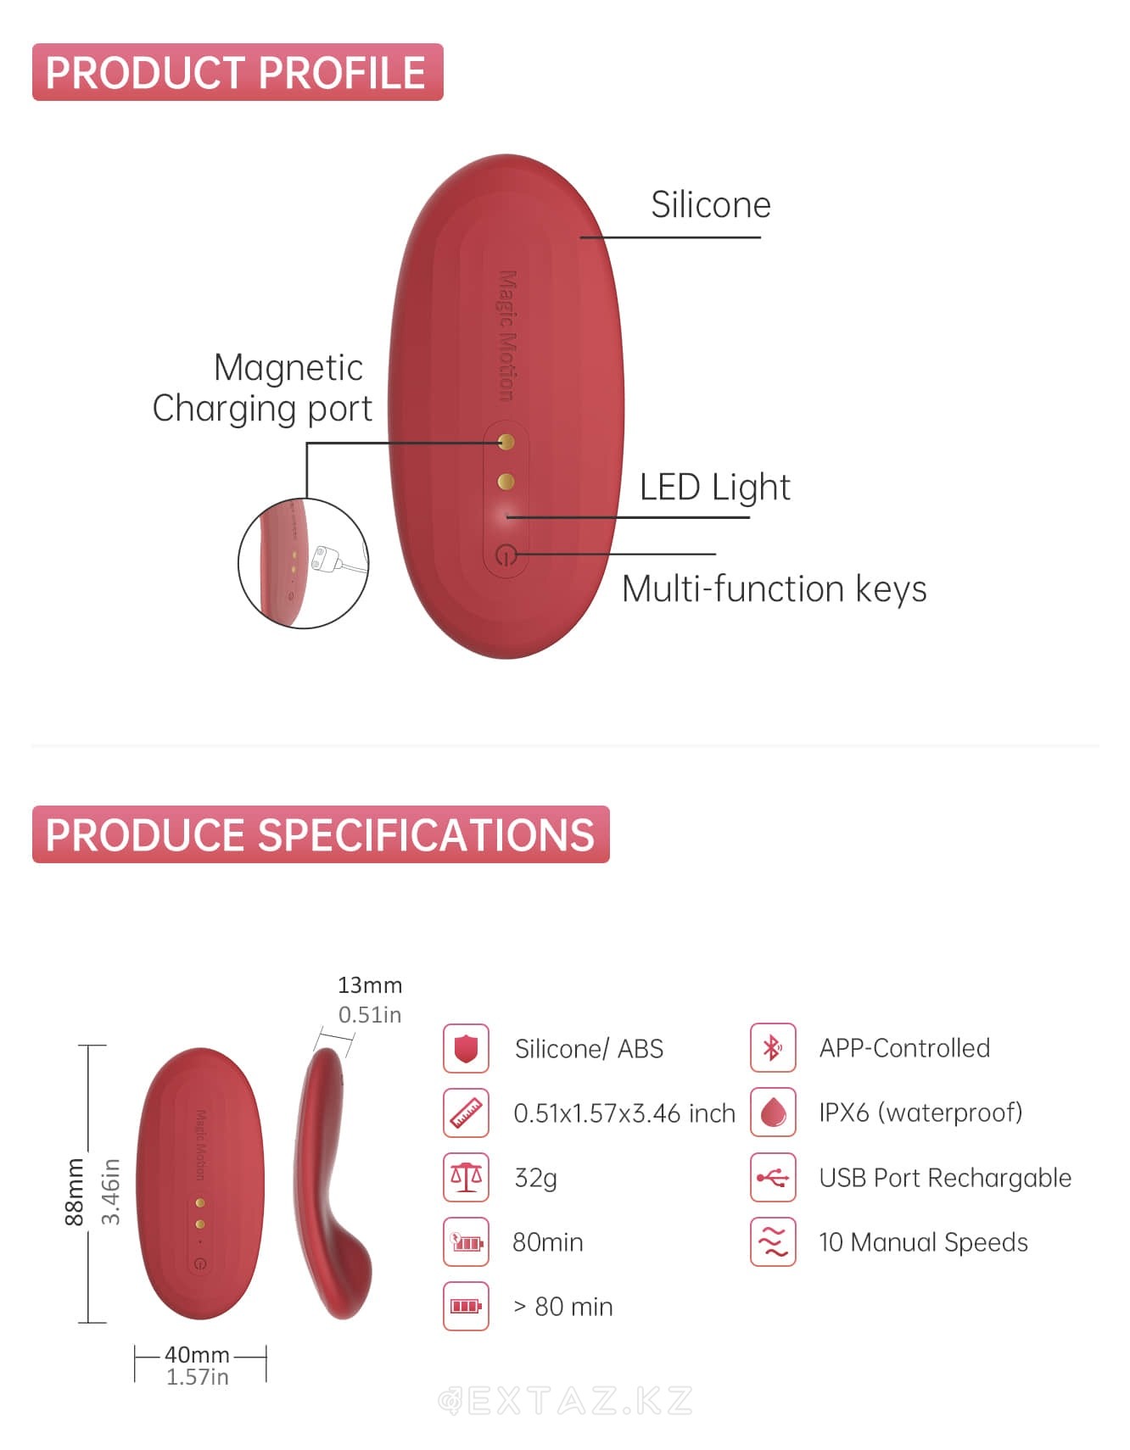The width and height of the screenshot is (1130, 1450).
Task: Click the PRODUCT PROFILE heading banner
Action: click(x=238, y=72)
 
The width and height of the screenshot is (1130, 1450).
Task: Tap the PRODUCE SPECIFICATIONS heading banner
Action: click(x=321, y=834)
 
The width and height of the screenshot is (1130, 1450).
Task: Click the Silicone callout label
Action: click(x=711, y=204)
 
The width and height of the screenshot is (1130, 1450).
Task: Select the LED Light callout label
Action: click(x=714, y=488)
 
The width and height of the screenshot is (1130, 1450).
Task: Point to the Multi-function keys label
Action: click(x=774, y=588)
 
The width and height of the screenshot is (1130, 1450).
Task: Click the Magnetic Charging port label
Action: click(x=262, y=388)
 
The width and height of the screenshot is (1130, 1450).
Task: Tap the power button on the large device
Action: click(x=506, y=556)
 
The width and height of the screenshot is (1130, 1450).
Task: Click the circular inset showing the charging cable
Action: click(x=303, y=563)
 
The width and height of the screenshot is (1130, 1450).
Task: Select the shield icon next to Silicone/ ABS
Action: click(x=466, y=1048)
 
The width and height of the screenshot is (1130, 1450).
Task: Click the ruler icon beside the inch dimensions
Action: click(x=466, y=1113)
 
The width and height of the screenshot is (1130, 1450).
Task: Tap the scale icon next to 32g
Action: click(x=466, y=1177)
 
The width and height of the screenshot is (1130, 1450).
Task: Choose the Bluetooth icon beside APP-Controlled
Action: click(x=773, y=1048)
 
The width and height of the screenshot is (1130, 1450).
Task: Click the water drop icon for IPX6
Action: click(x=773, y=1113)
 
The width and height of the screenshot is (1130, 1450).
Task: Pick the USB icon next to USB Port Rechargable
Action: click(x=773, y=1177)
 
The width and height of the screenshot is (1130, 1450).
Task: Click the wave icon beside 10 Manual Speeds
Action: click(x=773, y=1242)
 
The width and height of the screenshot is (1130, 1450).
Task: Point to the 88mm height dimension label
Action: click(x=75, y=1191)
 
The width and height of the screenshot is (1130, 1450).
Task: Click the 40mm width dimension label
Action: click(x=197, y=1354)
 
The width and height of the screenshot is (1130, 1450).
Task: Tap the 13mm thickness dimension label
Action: click(x=370, y=985)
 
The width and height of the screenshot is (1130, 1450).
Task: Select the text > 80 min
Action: click(x=563, y=1307)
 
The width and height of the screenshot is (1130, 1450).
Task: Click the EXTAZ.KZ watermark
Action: click(x=566, y=1401)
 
